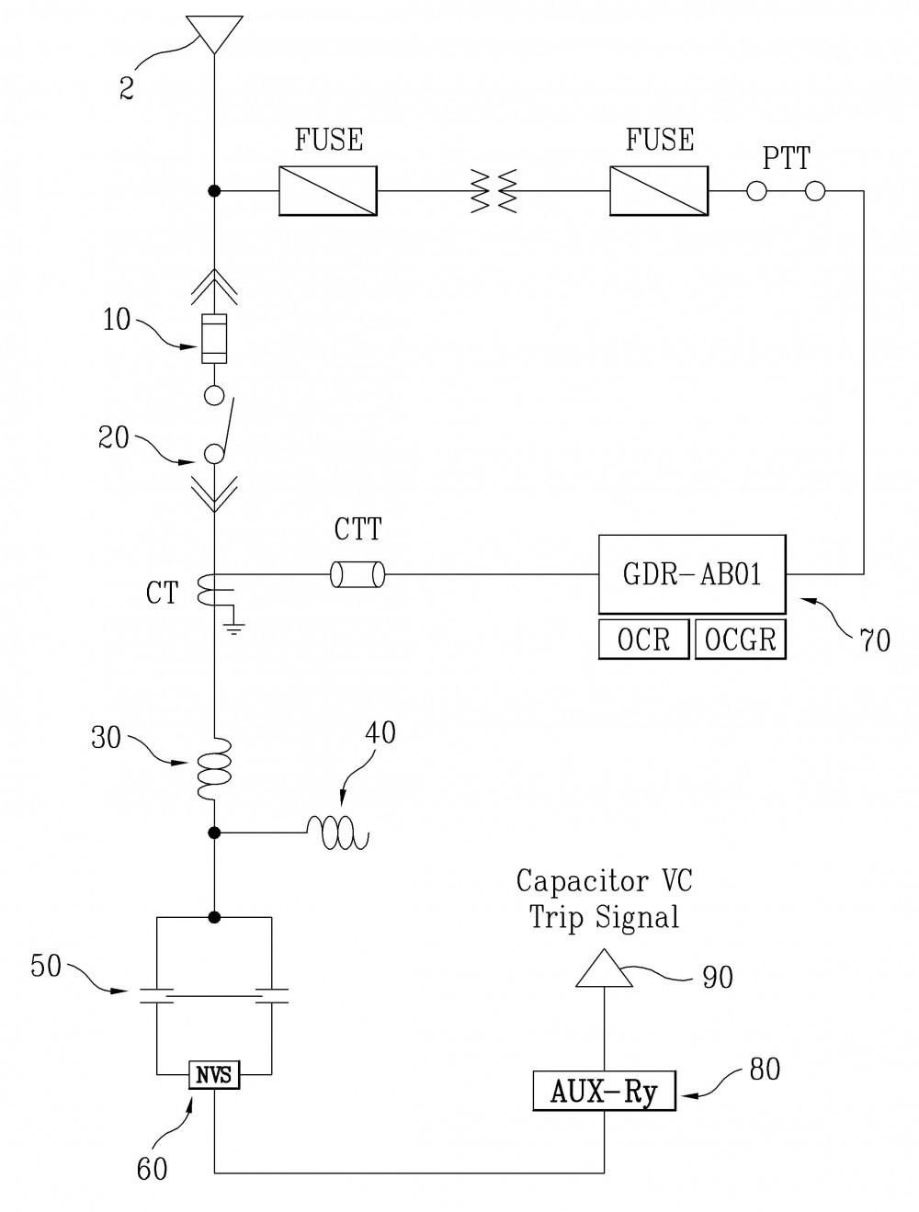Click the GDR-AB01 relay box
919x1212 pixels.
tap(692, 574)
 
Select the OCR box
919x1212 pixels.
tap(644, 639)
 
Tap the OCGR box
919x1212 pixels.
tap(741, 639)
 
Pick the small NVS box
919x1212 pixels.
tap(214, 1074)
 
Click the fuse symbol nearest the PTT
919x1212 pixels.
tap(659, 191)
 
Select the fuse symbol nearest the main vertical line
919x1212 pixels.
tap(328, 191)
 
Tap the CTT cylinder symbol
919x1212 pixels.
tap(357, 575)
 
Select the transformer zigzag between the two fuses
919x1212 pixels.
tap(494, 191)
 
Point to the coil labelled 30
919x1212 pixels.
tap(215, 768)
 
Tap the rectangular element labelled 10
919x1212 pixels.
tap(214, 338)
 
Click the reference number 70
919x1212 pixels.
tap(875, 641)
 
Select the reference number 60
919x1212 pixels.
tap(152, 1169)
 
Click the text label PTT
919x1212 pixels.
tap(787, 158)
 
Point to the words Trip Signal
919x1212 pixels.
tap(604, 917)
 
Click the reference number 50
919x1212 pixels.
tap(45, 965)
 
